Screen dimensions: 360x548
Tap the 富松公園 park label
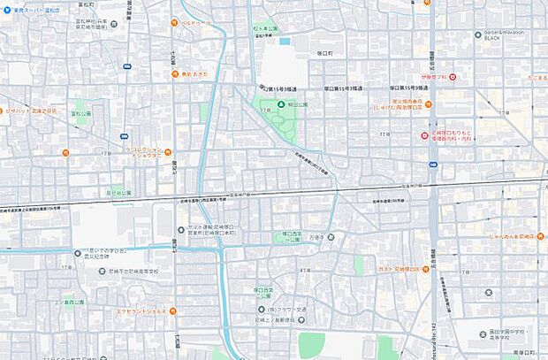coord(82,114)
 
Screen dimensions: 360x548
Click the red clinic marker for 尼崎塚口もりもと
coord(423,135)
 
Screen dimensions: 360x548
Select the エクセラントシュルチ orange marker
coord(173,310)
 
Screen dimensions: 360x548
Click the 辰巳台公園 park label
coord(118,192)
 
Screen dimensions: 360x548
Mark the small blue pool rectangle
coord(284,40)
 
